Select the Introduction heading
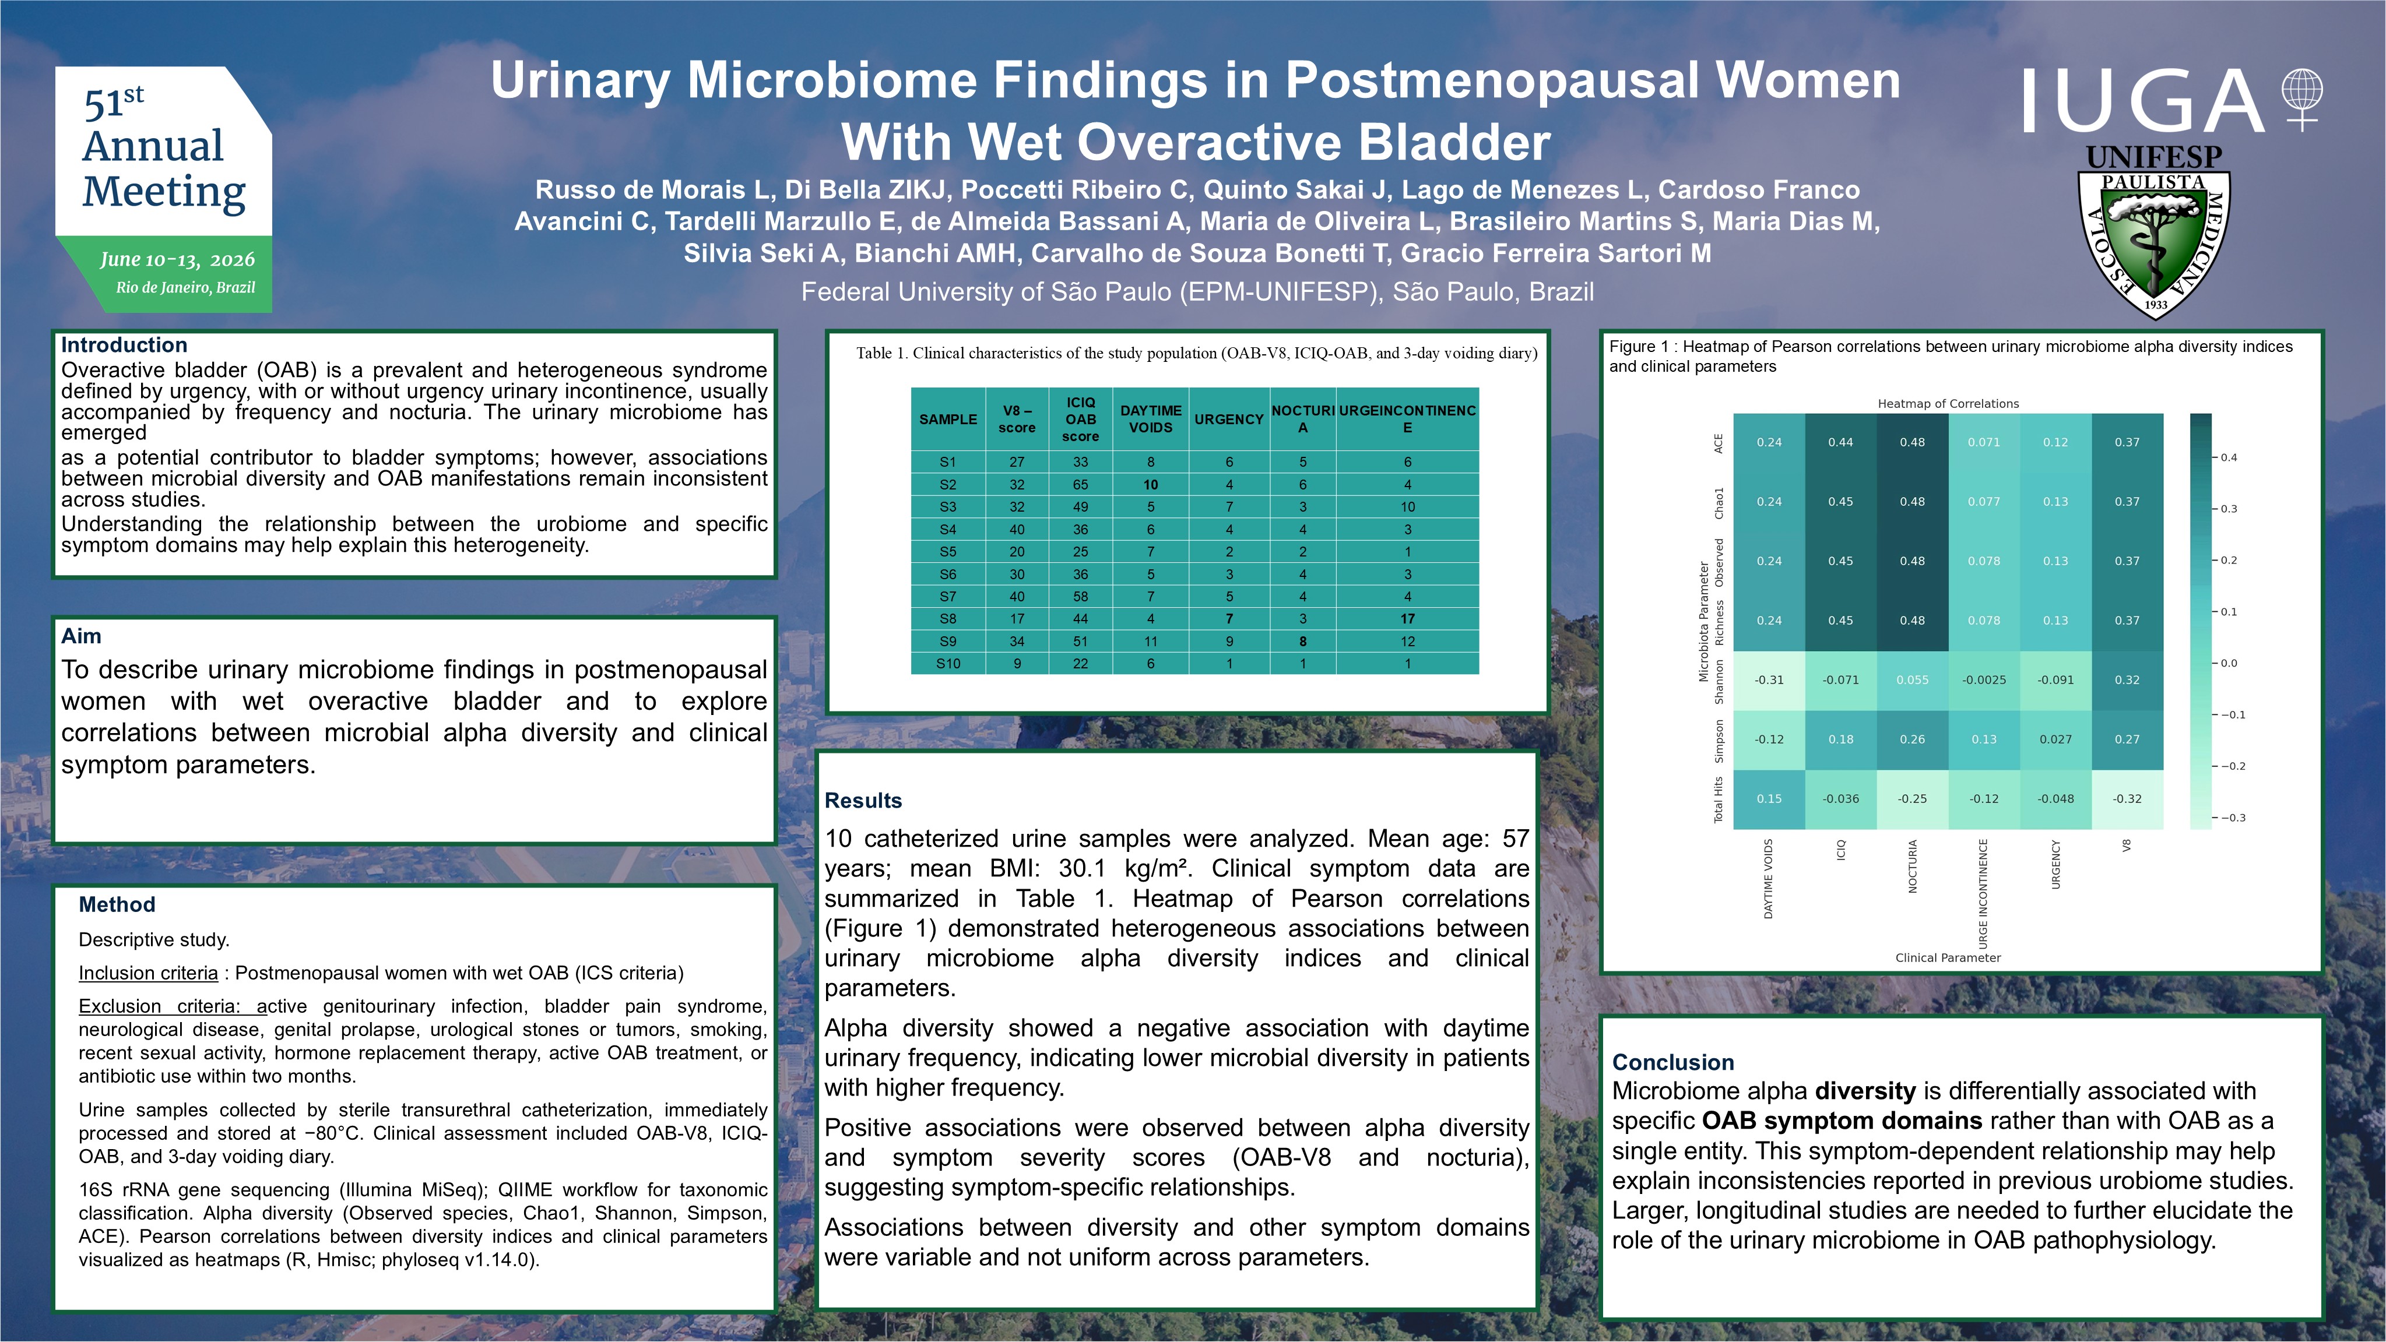124,344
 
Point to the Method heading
117,905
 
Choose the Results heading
863,800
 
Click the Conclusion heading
1673,1062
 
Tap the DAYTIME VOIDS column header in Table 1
1150,418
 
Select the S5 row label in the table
947,552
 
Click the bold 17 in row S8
1408,619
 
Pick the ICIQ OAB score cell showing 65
1080,484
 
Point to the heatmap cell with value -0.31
1769,680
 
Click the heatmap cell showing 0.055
1913,680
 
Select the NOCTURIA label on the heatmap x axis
1913,866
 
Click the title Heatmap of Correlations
1948,404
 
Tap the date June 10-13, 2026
177,259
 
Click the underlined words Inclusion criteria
148,973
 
